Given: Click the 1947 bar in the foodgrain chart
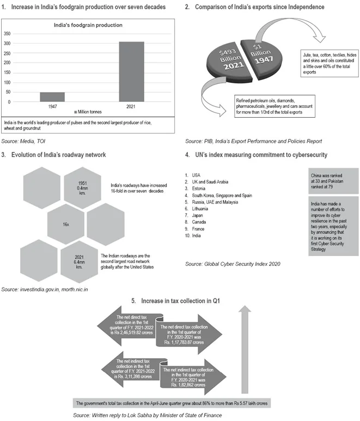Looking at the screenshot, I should coord(52,97).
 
